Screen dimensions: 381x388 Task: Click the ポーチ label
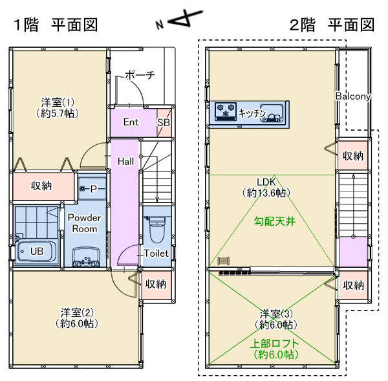[140, 75]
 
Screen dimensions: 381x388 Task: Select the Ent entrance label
[131, 122]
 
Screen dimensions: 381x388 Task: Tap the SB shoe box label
[164, 122]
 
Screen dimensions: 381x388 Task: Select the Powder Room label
[84, 224]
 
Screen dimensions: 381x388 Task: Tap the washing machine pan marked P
[92, 189]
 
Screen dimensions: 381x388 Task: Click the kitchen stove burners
[226, 111]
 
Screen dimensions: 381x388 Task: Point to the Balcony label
[352, 96]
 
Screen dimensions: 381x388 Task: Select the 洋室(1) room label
[58, 107]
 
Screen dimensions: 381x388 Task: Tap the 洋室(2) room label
[75, 317]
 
